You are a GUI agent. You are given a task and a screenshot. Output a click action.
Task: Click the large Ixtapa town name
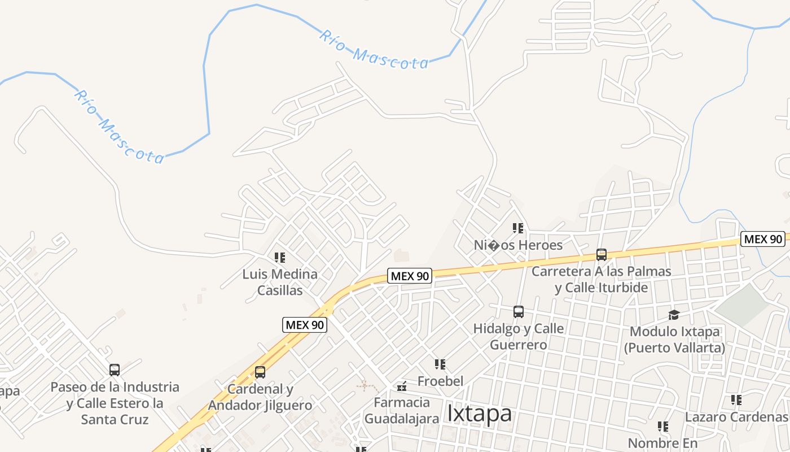pyautogui.click(x=479, y=413)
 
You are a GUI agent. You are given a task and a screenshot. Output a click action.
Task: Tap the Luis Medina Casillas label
pyautogui.click(x=280, y=282)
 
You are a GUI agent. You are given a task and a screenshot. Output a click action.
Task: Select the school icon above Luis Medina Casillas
pyautogui.click(x=280, y=258)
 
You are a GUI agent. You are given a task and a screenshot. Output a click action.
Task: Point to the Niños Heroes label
pyautogui.click(x=518, y=245)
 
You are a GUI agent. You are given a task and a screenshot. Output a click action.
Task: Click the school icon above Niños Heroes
pyautogui.click(x=518, y=228)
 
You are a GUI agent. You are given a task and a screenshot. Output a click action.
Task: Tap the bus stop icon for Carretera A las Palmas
pyautogui.click(x=602, y=255)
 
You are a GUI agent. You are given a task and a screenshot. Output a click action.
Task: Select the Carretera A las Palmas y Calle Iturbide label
pyautogui.click(x=602, y=279)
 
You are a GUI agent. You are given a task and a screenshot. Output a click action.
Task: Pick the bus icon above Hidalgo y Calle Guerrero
pyautogui.click(x=519, y=311)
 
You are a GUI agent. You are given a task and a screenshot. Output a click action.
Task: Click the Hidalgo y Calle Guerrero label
pyautogui.click(x=518, y=336)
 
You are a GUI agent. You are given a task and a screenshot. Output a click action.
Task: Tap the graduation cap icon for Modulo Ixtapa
pyautogui.click(x=674, y=315)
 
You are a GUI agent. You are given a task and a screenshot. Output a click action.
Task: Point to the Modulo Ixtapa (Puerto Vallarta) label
pyautogui.click(x=674, y=339)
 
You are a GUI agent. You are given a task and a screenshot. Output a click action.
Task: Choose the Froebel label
pyautogui.click(x=440, y=381)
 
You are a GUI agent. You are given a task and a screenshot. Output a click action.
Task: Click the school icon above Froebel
pyautogui.click(x=440, y=364)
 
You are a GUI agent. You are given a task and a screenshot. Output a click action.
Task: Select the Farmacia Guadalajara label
pyautogui.click(x=402, y=410)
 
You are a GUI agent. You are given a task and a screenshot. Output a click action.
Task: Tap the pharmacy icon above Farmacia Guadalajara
pyautogui.click(x=402, y=386)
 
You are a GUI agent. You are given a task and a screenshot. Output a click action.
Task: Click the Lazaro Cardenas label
pyautogui.click(x=736, y=417)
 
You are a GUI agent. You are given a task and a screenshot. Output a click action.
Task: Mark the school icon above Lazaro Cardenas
pyautogui.click(x=736, y=400)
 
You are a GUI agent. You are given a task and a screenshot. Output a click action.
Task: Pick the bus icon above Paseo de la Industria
pyautogui.click(x=115, y=370)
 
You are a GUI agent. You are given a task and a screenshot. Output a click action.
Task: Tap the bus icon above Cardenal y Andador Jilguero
pyautogui.click(x=260, y=372)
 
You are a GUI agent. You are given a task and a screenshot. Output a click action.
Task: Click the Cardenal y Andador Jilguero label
pyautogui.click(x=260, y=397)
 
